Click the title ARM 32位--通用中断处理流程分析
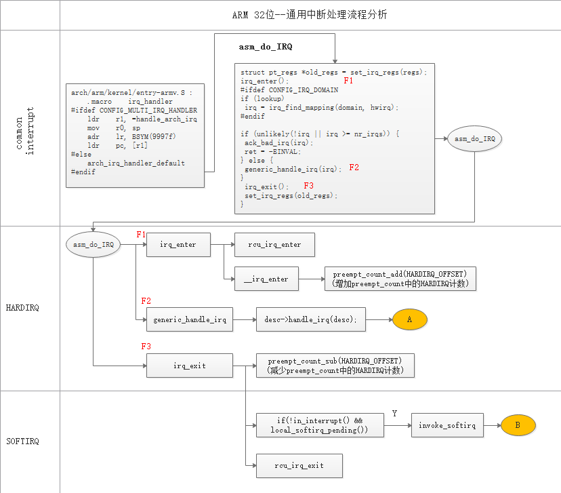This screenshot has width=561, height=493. coord(310,14)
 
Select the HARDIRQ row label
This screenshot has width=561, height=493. coord(22,307)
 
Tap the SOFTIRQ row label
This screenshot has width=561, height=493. coord(22,441)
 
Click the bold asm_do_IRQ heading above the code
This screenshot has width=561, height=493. coord(266,47)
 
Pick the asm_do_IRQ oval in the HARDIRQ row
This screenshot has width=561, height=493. coord(92,244)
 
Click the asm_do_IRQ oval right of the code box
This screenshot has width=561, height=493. coord(474,139)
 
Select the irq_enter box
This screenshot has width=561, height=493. coord(178,245)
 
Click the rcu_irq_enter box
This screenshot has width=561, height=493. coord(274,245)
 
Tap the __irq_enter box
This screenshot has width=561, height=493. coord(266,279)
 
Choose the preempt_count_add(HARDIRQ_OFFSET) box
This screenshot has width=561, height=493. coord(400,279)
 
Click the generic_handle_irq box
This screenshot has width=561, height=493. coord(190,319)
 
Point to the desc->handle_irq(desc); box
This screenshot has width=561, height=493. coord(310,319)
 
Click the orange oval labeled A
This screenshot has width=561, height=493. coord(409,319)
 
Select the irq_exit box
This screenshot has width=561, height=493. coord(190,366)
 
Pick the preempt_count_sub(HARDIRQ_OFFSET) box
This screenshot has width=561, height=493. coord(335,366)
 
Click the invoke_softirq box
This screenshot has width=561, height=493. coord(446,425)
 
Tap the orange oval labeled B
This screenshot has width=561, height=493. coord(518,425)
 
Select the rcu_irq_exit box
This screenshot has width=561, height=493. coord(299,466)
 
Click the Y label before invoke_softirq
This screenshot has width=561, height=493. coord(394,414)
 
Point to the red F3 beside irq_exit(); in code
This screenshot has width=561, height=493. coord(308,186)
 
